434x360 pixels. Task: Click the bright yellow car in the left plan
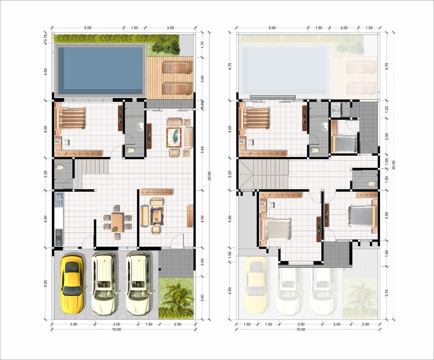(72, 284)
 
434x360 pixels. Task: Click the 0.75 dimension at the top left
(46, 38)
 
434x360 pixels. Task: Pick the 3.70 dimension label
(387, 293)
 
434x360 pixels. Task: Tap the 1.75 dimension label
(202, 45)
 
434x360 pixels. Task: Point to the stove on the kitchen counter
(58, 237)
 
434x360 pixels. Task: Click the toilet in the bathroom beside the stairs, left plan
(59, 167)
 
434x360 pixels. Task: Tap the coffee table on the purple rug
(157, 215)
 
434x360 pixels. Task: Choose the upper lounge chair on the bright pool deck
(177, 67)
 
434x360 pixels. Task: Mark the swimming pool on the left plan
(100, 71)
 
